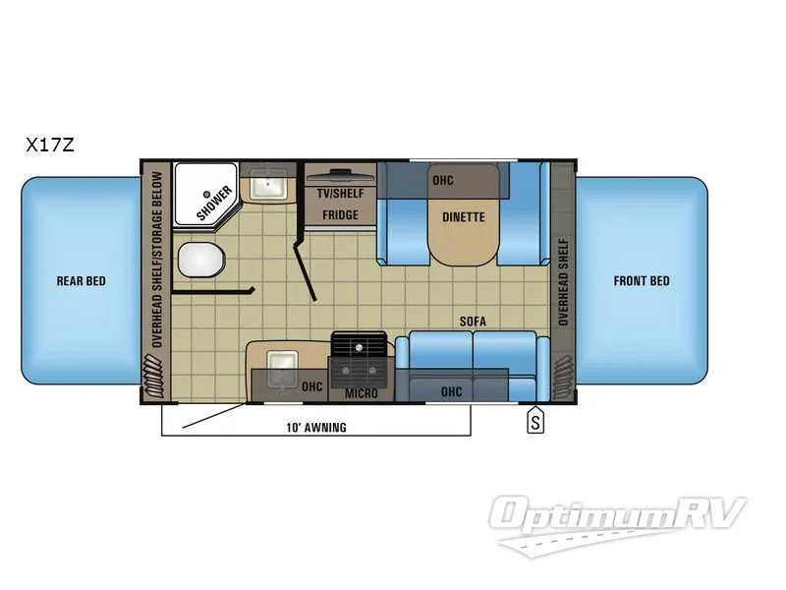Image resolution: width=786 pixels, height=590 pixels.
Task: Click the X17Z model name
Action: [x=50, y=146]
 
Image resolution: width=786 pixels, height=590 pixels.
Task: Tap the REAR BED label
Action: [x=81, y=281]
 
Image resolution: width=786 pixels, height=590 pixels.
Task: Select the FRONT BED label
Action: [x=642, y=281]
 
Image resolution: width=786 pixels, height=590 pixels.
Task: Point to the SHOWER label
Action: [x=213, y=200]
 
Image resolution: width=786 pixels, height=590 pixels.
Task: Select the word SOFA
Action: [x=474, y=322]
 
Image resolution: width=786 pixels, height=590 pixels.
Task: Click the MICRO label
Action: [x=361, y=394]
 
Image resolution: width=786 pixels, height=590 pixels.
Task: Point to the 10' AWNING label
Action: [x=316, y=428]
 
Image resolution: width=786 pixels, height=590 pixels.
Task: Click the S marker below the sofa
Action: [x=535, y=423]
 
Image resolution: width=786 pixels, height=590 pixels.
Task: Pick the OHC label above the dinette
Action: [x=443, y=181]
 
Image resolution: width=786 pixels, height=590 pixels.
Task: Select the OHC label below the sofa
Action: [x=451, y=392]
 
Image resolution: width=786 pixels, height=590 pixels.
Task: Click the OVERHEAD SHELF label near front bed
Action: [x=563, y=280]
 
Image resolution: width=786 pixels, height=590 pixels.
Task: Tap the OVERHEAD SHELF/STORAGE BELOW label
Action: [x=156, y=262]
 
